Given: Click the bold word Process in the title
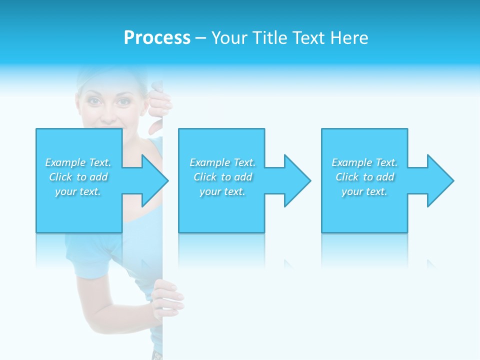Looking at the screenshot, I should point(157,38).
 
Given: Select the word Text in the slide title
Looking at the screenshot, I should point(310,38).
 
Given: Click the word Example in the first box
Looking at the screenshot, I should point(65,162).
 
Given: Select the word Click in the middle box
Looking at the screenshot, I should point(205,177).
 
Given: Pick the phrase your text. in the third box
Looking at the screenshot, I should point(364,191).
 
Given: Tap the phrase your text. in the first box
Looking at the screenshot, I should point(78,191).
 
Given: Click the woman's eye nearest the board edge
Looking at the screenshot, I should point(123,102).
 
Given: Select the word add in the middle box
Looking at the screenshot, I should point(243,177).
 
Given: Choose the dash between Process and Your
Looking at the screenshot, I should point(200,38).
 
